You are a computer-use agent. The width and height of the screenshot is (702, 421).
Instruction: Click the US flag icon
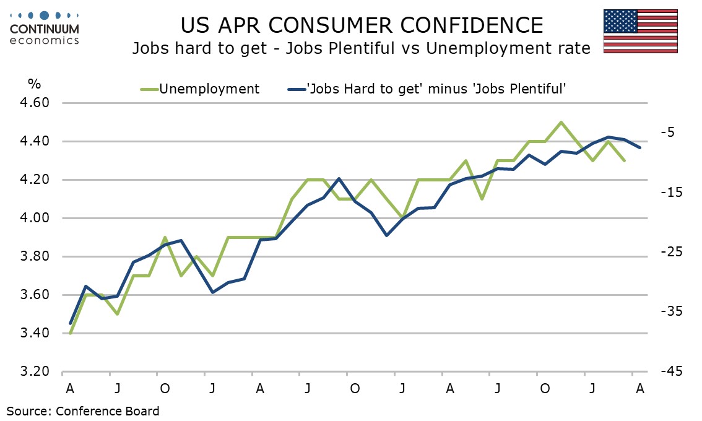[639, 31]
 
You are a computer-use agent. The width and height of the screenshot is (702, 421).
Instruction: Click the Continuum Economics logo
[43, 28]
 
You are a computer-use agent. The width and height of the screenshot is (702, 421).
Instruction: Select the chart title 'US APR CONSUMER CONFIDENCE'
[362, 24]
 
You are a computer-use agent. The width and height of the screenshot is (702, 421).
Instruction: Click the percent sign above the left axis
[34, 84]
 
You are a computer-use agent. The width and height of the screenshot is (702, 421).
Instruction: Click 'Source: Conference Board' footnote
[83, 410]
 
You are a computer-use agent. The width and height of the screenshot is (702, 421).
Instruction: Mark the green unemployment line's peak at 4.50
[561, 122]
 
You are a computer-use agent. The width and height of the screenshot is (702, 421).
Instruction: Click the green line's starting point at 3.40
[71, 333]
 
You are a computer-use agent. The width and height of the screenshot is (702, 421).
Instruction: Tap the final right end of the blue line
[639, 147]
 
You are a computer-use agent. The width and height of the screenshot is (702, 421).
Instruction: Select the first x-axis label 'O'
[165, 388]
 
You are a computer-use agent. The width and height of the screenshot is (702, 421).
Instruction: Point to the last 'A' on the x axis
[639, 388]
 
